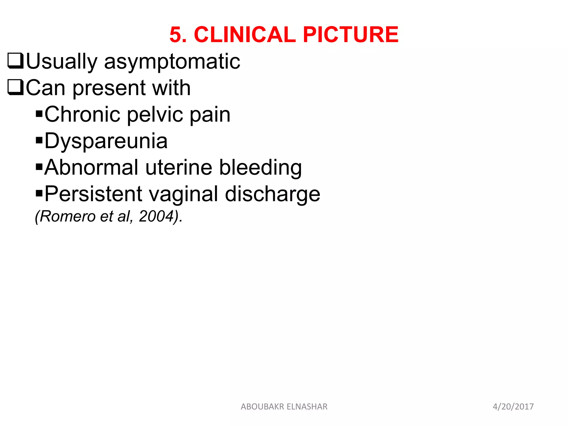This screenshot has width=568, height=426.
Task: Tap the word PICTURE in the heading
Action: pyautogui.click(x=351, y=35)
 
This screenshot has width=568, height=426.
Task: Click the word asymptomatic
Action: pyautogui.click(x=172, y=62)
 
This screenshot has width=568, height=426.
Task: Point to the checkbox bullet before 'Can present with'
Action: pyautogui.click(x=16, y=87)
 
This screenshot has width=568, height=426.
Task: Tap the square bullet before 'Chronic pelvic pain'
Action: pyautogui.click(x=39, y=114)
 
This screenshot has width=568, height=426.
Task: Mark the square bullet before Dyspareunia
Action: pyautogui.click(x=39, y=140)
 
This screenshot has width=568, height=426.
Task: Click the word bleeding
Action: pyautogui.click(x=260, y=168)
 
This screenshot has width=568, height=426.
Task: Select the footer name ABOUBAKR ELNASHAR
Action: pyautogui.click(x=284, y=407)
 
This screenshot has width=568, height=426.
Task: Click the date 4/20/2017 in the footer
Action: pyautogui.click(x=513, y=407)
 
